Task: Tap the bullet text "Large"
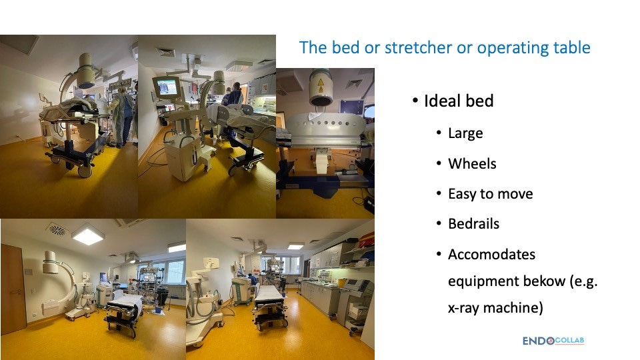465,133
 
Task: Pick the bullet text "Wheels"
472,163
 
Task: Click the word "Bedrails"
473,224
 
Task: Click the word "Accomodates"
491,255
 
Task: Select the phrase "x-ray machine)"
495,309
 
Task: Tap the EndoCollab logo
553,341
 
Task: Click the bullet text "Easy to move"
490,194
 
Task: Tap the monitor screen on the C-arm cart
166,87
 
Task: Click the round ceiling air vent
57,229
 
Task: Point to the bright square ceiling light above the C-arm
88,234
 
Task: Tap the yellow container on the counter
342,283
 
